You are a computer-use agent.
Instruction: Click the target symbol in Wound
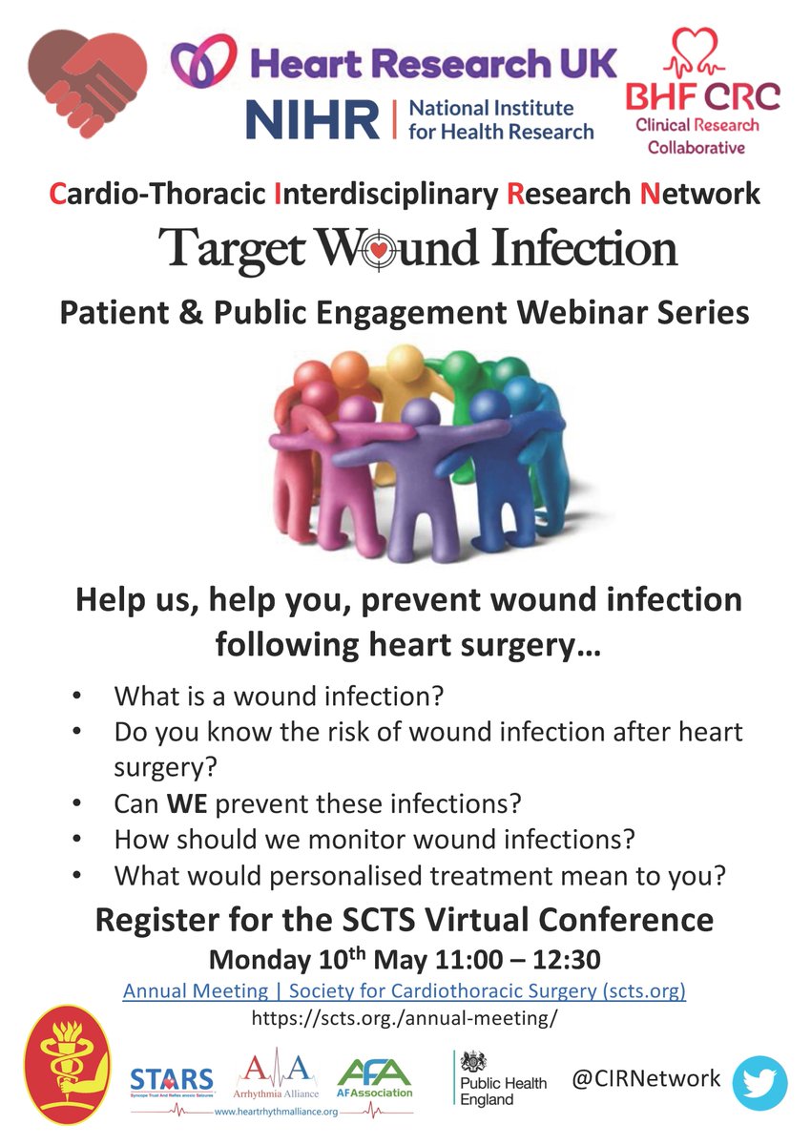355,249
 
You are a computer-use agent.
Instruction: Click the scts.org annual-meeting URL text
405,1018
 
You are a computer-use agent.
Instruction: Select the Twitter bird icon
759,1083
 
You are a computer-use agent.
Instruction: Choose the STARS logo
172,1081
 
